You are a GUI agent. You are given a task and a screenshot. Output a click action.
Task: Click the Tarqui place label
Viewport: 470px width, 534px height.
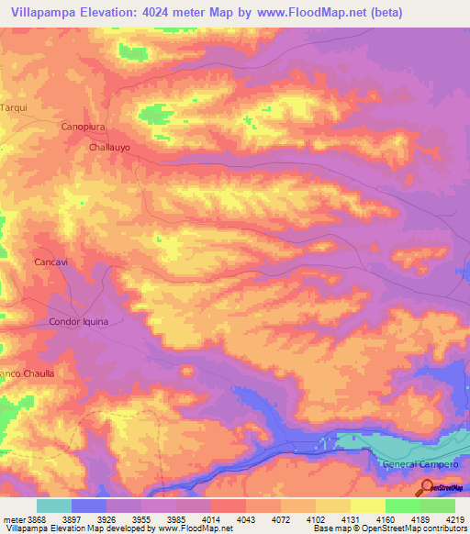[x=13, y=107]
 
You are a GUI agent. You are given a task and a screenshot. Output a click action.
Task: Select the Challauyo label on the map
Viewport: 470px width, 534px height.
[x=113, y=147]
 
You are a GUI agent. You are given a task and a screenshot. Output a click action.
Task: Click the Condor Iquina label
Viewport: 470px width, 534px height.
[x=78, y=322]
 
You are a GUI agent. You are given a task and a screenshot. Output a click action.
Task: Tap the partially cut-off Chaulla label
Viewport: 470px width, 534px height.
[x=28, y=373]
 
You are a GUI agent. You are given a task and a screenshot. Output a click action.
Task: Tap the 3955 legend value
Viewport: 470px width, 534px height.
[x=142, y=519]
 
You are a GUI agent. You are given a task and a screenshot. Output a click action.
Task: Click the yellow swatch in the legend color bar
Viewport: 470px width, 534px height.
[x=367, y=506]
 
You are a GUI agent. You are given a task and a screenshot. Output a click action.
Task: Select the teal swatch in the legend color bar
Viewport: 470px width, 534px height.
[x=54, y=506]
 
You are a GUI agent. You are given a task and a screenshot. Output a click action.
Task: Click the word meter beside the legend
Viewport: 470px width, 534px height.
[x=13, y=519]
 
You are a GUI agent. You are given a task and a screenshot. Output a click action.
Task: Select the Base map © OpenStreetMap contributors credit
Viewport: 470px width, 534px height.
[x=389, y=529]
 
